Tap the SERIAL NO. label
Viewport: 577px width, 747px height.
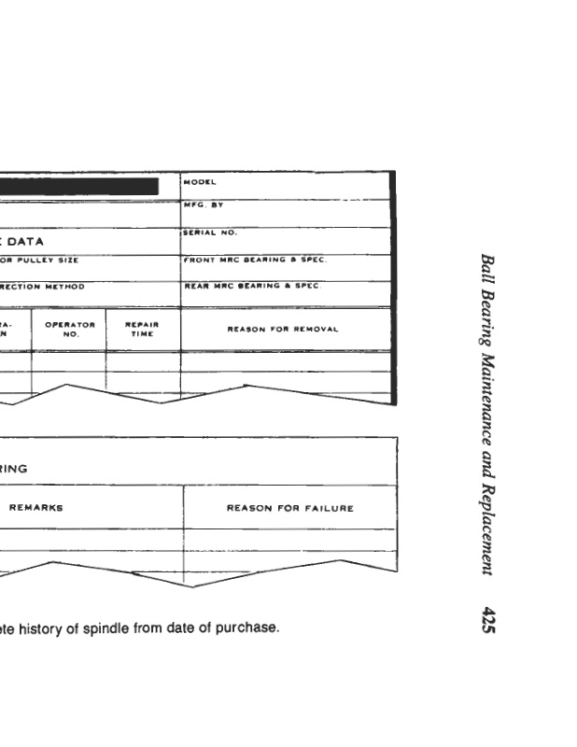(210, 231)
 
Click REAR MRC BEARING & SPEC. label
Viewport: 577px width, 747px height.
(251, 287)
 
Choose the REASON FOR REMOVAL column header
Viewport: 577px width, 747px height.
(282, 330)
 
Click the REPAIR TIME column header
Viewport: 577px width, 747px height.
(142, 329)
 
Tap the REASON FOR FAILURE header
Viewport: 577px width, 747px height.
(290, 508)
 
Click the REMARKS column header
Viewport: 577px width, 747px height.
(36, 508)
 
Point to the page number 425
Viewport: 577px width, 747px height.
(487, 620)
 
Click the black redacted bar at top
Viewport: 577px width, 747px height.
(79, 186)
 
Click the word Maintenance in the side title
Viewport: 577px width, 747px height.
(487, 384)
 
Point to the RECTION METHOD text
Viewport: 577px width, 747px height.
(42, 287)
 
